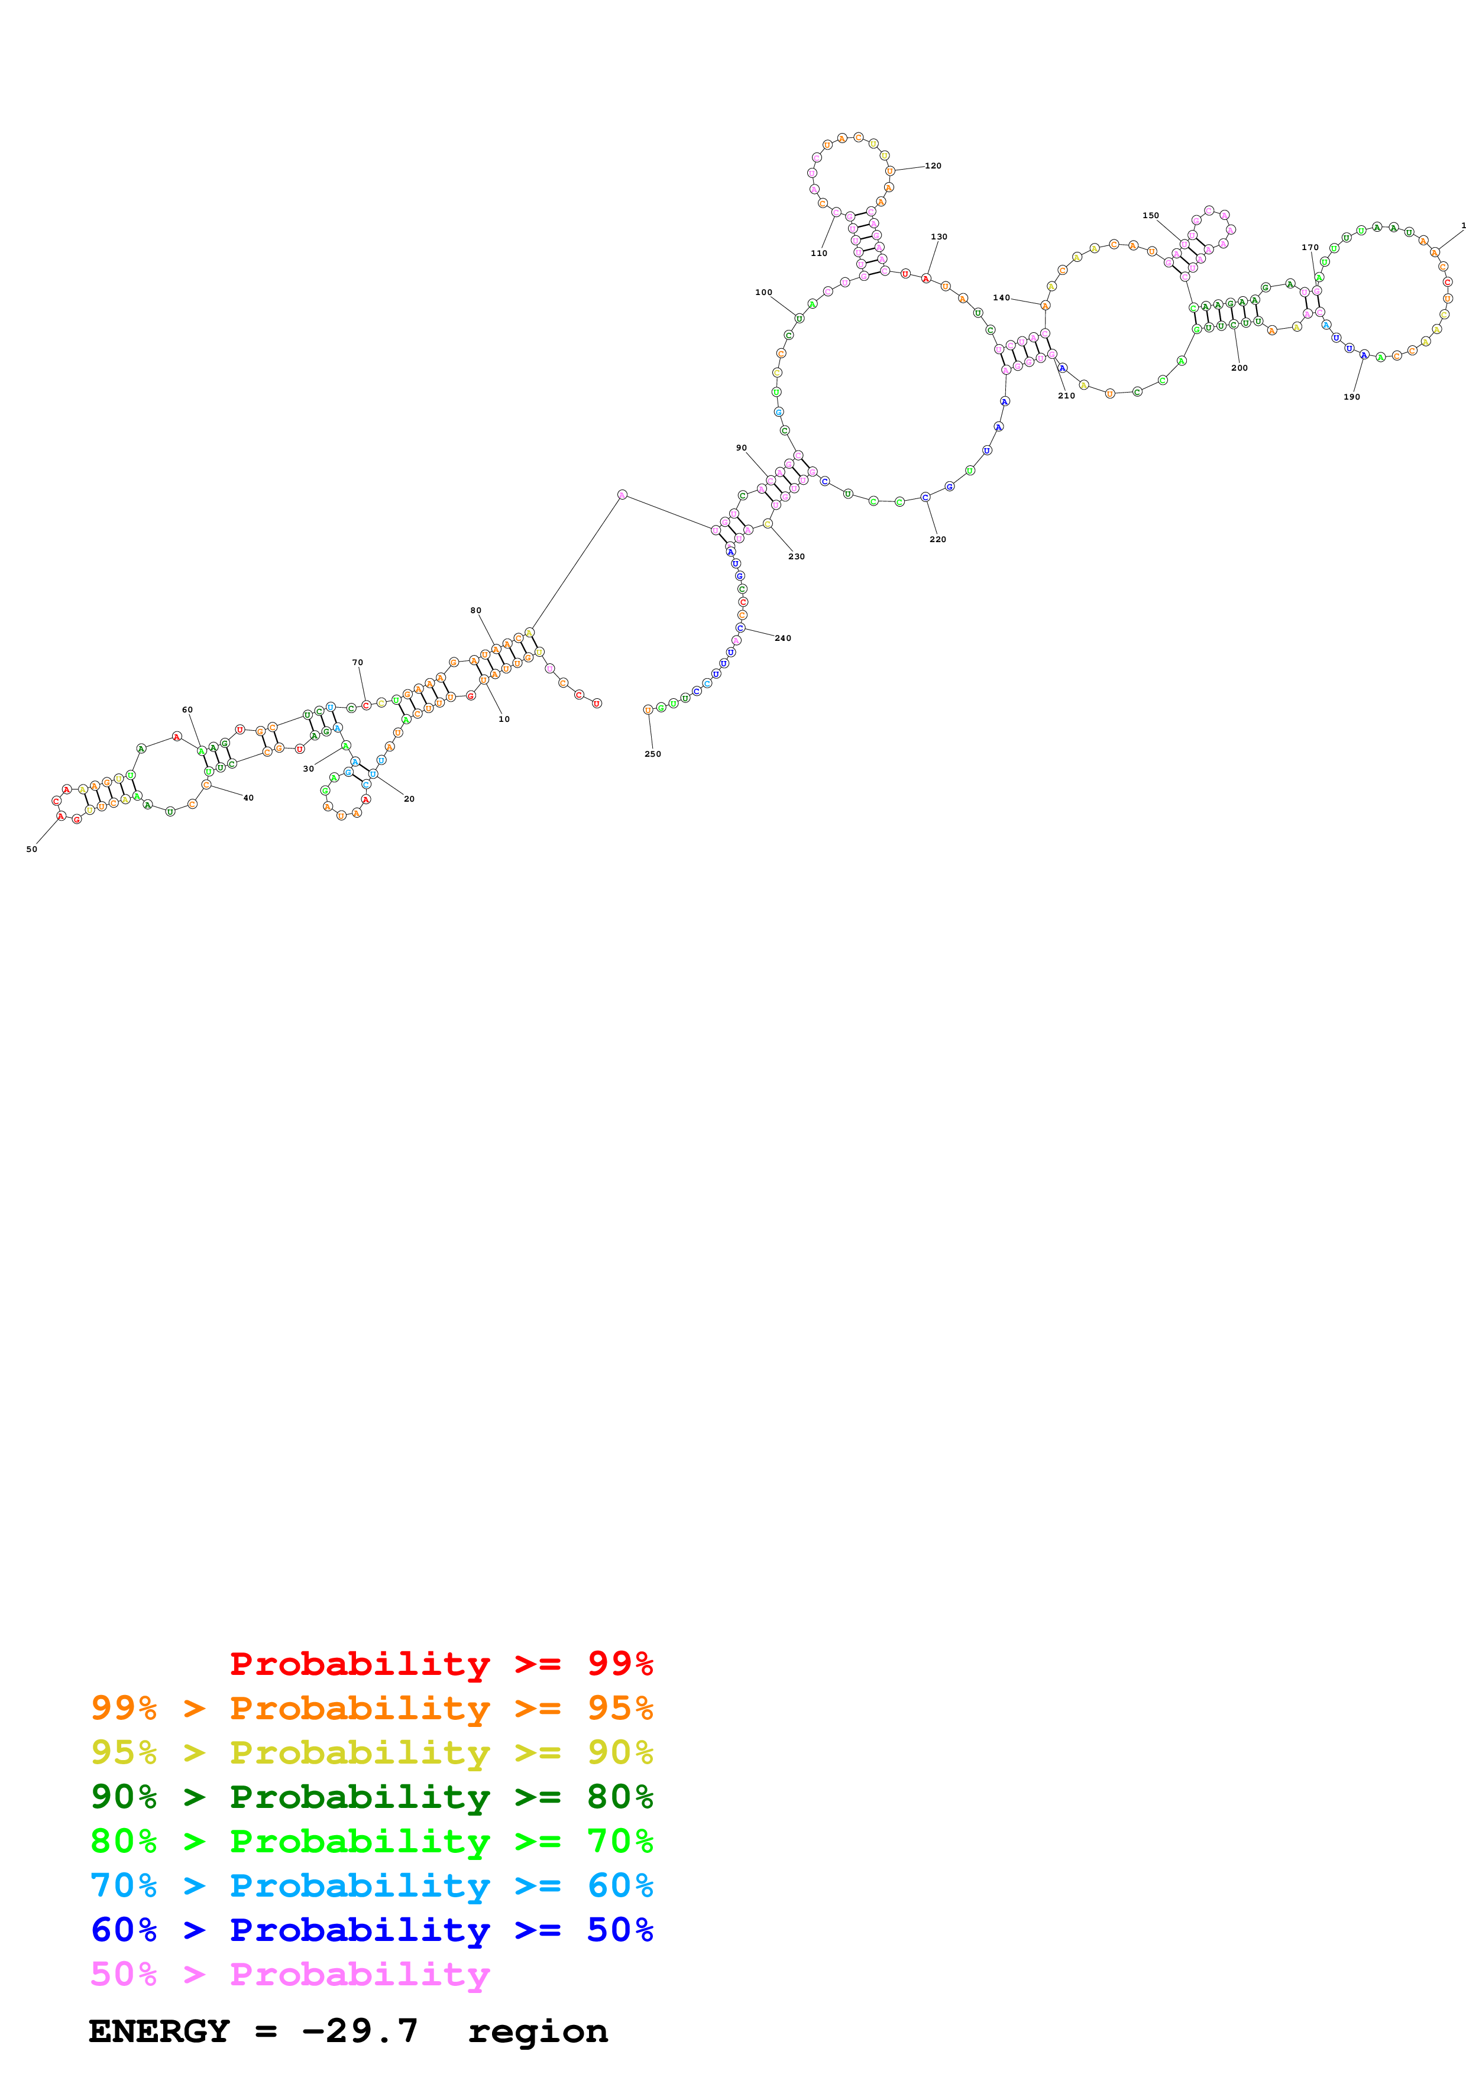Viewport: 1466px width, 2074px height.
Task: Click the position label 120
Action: [933, 166]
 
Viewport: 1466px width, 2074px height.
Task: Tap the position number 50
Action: [31, 849]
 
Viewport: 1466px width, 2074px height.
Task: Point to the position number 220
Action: [937, 539]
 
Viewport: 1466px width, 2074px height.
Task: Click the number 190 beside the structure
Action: [1351, 397]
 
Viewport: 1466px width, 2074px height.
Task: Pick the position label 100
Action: [763, 293]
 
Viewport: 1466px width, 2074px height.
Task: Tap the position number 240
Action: [783, 639]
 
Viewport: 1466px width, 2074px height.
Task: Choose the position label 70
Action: [358, 663]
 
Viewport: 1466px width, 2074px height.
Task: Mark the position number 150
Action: [1150, 216]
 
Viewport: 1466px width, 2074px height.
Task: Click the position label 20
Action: [409, 799]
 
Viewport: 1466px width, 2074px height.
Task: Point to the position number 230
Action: [796, 556]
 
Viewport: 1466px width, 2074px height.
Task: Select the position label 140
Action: [1001, 298]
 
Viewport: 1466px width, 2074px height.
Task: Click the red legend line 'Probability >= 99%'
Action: [441, 1663]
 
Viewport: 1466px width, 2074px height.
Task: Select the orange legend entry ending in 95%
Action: [371, 1707]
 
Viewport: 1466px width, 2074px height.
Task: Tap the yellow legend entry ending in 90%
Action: [371, 1752]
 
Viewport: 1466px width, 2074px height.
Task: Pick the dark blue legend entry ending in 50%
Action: [371, 1930]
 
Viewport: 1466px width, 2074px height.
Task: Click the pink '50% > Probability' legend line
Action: [290, 1973]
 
